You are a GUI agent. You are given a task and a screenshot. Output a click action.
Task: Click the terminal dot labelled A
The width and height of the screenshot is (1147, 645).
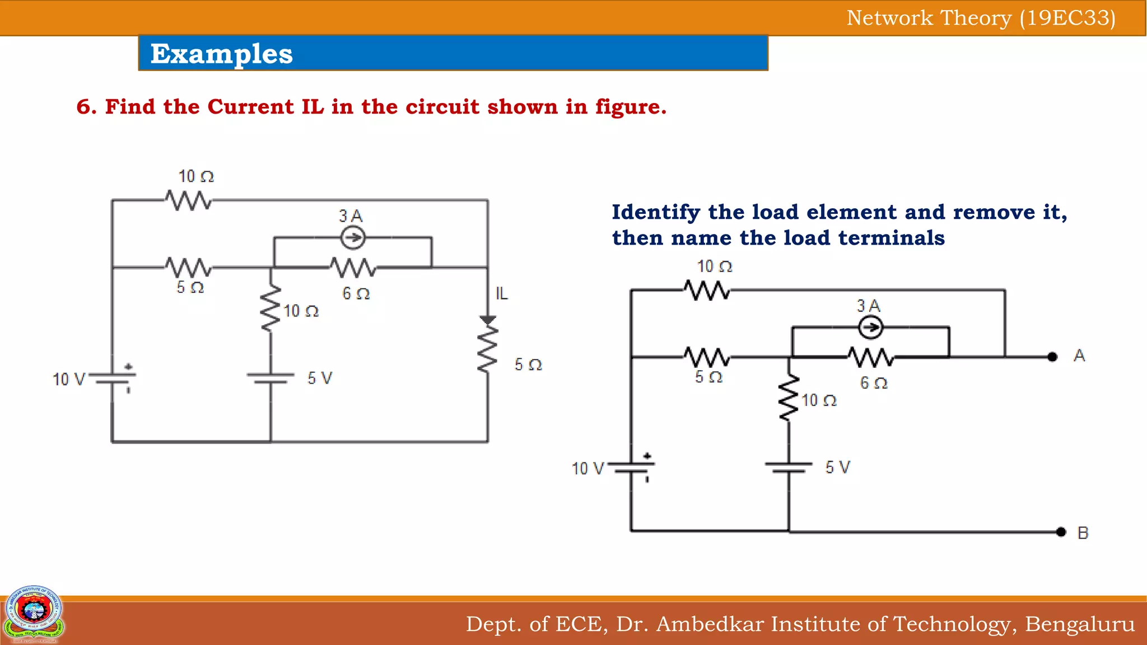[1052, 357]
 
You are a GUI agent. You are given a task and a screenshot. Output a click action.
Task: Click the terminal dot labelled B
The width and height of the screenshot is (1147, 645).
[1061, 532]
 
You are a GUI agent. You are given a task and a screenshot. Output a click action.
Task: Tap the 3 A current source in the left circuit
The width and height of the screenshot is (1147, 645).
[353, 239]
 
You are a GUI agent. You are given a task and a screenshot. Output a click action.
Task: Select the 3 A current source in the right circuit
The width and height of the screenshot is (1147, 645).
[870, 328]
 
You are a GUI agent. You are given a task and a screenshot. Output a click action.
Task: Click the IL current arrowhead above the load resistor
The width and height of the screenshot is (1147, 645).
[488, 320]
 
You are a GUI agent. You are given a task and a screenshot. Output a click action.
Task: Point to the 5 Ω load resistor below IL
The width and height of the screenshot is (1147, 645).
[488, 350]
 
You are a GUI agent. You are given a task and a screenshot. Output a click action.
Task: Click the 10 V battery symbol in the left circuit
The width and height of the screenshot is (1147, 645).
[113, 380]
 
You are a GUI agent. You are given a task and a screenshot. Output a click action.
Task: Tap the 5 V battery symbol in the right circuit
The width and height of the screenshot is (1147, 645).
[789, 468]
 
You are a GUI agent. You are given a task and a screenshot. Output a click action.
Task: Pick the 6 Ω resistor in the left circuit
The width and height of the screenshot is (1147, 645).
[353, 268]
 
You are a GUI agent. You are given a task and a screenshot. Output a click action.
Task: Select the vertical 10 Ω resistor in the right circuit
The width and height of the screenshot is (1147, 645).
[789, 398]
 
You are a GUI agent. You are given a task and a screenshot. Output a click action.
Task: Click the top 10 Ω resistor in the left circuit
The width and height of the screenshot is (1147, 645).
[189, 200]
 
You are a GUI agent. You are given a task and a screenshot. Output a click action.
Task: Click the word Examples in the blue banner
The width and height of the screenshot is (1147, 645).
[222, 54]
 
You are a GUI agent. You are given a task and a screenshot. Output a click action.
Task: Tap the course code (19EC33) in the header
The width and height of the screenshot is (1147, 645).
[1067, 18]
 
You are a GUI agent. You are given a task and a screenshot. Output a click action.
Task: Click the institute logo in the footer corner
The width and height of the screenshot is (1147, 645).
[34, 614]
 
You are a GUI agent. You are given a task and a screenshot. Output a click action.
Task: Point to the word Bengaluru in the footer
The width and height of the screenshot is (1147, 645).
[1080, 624]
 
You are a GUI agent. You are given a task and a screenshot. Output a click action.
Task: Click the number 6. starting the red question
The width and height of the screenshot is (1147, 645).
[86, 106]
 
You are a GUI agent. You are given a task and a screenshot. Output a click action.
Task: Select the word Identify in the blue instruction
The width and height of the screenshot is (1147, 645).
[656, 212]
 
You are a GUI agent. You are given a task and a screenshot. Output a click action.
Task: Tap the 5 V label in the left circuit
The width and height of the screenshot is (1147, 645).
[320, 378]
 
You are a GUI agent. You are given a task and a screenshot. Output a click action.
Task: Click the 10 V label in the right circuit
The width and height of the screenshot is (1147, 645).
[588, 469]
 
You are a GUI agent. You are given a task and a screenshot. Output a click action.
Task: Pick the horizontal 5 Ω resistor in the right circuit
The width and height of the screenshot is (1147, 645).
[707, 357]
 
